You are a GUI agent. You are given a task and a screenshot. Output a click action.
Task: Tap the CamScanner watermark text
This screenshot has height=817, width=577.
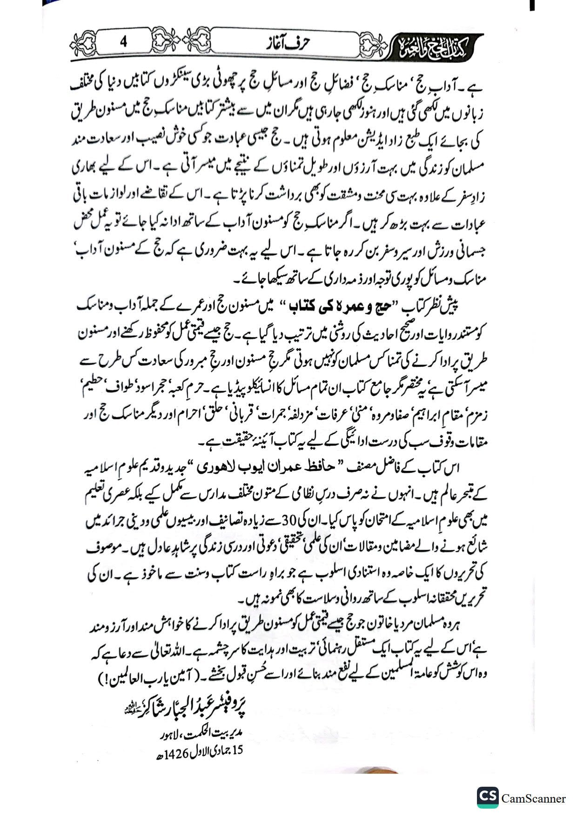534,798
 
